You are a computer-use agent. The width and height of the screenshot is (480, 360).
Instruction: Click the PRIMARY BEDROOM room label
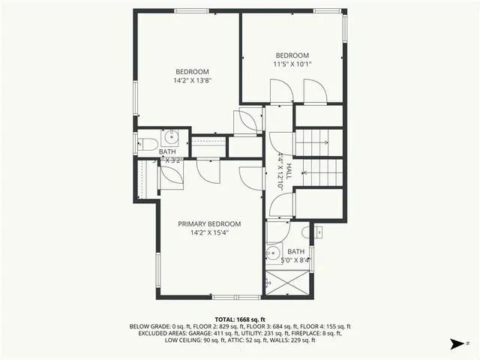tap(209, 223)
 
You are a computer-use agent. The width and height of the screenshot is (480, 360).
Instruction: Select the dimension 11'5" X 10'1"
tap(292, 64)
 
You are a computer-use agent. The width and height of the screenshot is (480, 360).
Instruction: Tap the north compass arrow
tap(454, 344)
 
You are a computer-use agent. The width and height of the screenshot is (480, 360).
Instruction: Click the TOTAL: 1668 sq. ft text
tap(240, 319)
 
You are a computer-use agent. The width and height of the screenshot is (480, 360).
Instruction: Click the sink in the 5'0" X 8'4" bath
tap(274, 253)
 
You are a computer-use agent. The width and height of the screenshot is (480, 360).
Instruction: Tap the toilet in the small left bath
tap(148, 143)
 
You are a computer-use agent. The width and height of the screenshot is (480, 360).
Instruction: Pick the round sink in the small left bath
tap(172, 136)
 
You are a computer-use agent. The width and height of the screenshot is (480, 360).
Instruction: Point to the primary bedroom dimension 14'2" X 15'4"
tap(209, 232)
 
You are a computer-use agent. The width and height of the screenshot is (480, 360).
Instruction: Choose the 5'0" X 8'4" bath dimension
tap(296, 260)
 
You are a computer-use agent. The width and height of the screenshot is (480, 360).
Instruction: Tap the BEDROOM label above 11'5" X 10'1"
tap(292, 55)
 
